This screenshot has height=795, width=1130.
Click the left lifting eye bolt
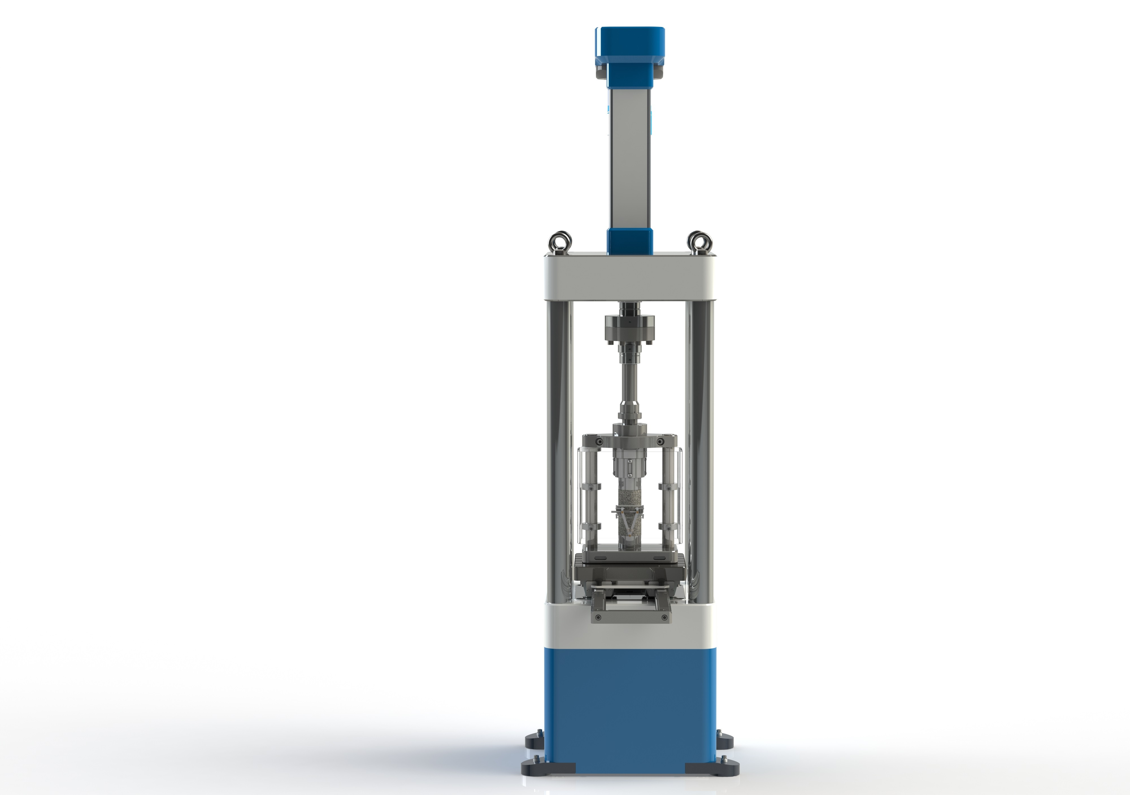coord(560,242)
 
